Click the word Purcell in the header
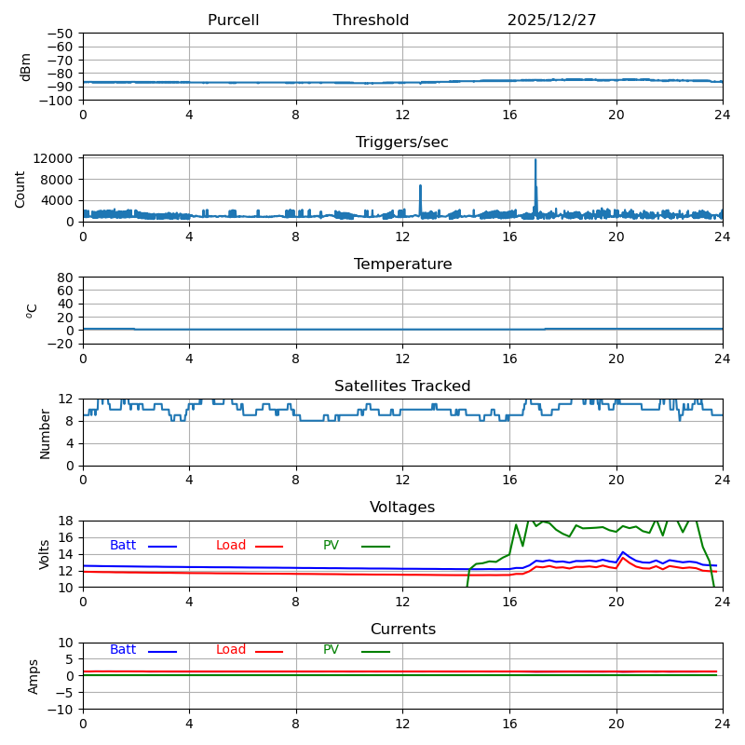pyautogui.click(x=233, y=20)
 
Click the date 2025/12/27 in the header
pyautogui.click(x=551, y=20)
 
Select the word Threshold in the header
pyautogui.click(x=371, y=20)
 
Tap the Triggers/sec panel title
pyautogui.click(x=402, y=142)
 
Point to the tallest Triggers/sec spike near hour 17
pyautogui.click(x=535, y=162)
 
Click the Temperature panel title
pyautogui.click(x=402, y=264)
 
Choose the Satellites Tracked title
pyautogui.click(x=402, y=386)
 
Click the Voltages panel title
pyautogui.click(x=402, y=508)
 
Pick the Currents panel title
pyautogui.click(x=402, y=630)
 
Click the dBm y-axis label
pyautogui.click(x=26, y=67)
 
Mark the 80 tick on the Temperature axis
pyautogui.click(x=65, y=278)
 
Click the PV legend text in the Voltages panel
pyautogui.click(x=332, y=546)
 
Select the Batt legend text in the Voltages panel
pyautogui.click(x=123, y=546)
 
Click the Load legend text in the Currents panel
pyautogui.click(x=231, y=650)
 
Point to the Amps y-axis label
pyautogui.click(x=34, y=676)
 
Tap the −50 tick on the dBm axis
pyautogui.click(x=60, y=34)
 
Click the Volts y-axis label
pyautogui.click(x=45, y=554)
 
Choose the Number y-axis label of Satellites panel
pyautogui.click(x=45, y=433)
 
